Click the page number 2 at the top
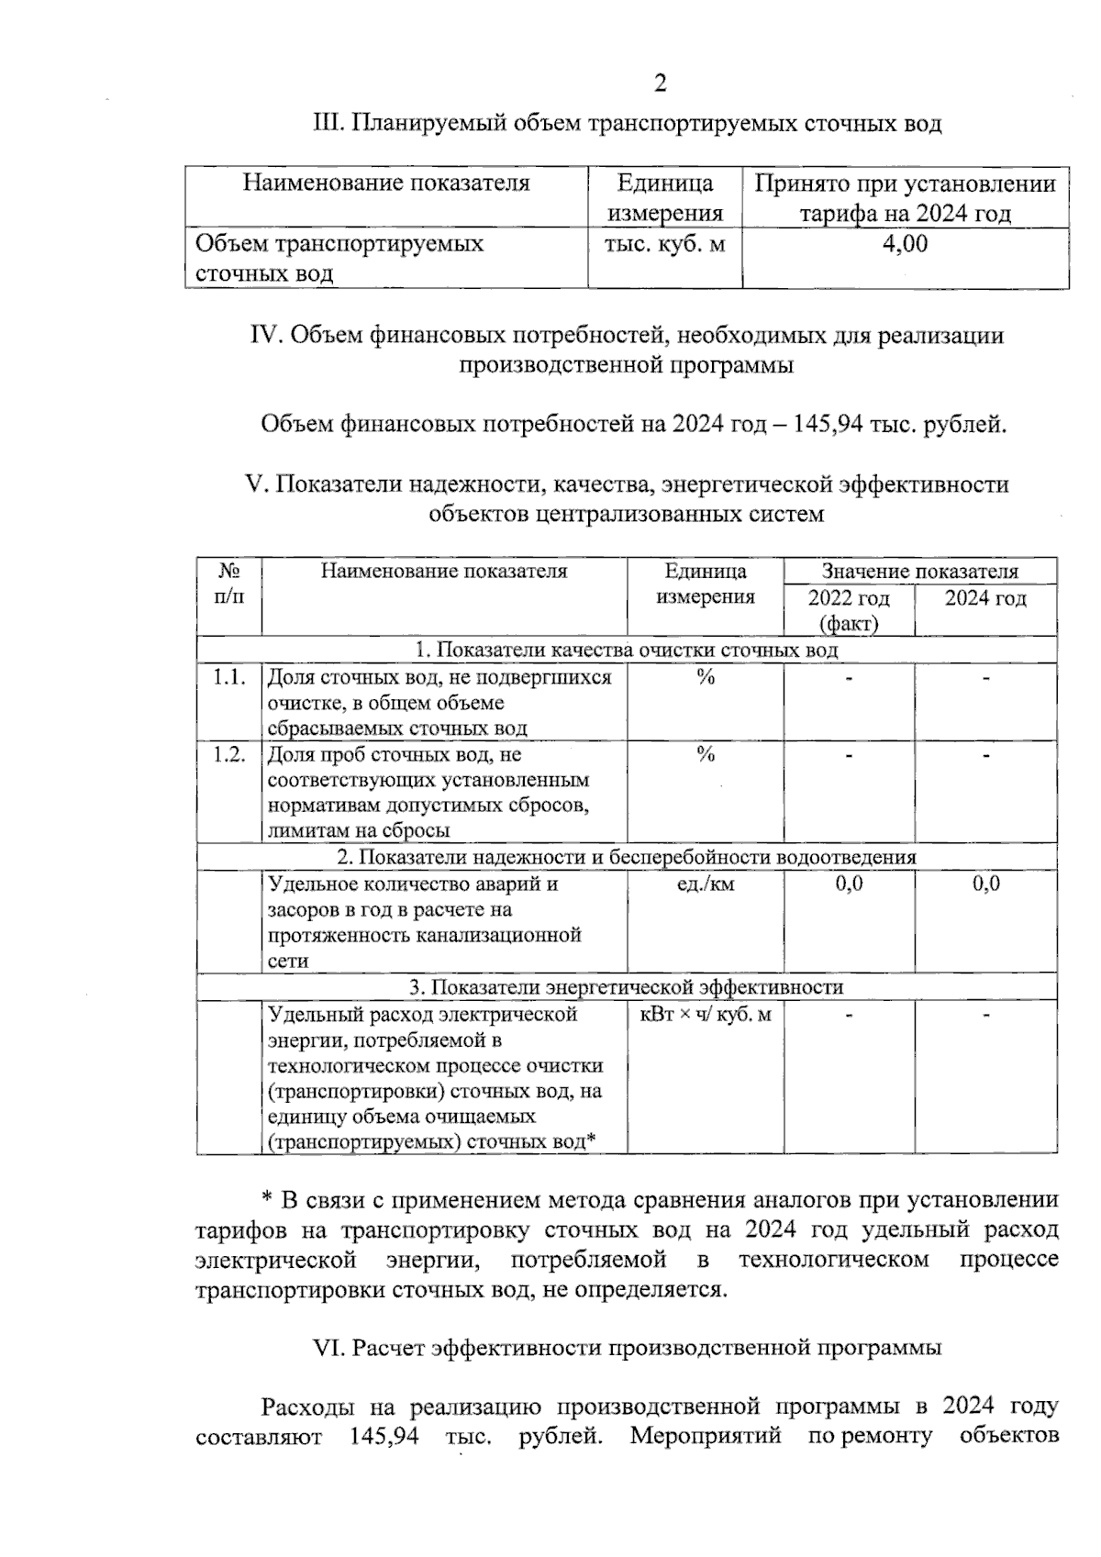[660, 83]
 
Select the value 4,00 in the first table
[905, 244]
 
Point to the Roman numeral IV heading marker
[266, 336]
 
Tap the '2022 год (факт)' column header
[849, 611]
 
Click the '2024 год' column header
[985, 599]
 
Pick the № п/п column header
[229, 584]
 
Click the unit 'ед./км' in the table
[705, 884]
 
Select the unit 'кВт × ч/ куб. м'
[705, 1015]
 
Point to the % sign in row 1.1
[705, 678]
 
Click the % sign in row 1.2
[705, 755]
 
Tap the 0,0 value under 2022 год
[849, 884]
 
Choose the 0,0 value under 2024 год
[986, 884]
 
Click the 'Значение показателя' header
[919, 572]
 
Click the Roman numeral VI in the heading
[327, 1348]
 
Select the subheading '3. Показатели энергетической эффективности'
[626, 988]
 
